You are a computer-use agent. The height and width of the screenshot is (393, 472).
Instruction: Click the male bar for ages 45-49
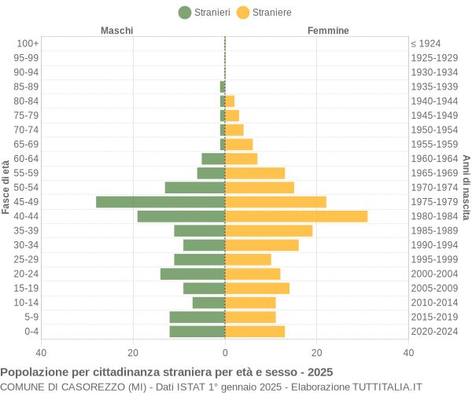tap(160, 202)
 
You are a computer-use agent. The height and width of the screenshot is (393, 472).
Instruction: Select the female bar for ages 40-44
tap(296, 216)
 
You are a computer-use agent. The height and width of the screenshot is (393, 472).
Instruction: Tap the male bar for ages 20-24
tap(193, 274)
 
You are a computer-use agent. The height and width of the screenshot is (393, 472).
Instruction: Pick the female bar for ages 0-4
tap(255, 331)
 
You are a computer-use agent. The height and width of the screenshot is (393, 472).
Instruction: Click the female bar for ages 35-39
tap(268, 230)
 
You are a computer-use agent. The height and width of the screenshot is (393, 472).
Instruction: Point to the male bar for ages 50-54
tap(195, 187)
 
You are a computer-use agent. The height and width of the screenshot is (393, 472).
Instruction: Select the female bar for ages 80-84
tap(230, 101)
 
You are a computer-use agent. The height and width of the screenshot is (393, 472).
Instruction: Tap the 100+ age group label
tap(28, 43)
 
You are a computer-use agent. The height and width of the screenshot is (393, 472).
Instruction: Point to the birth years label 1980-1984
tap(434, 216)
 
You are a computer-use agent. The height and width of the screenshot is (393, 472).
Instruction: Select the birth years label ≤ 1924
tap(426, 43)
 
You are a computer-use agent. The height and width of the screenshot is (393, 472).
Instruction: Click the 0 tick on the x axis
tap(225, 353)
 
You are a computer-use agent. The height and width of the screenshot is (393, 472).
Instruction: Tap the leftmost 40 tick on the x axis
tap(41, 353)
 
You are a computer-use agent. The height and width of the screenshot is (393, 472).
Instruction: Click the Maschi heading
tap(116, 31)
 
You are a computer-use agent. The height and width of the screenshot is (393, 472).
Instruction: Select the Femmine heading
tap(328, 31)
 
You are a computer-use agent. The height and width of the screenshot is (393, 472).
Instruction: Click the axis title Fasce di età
tap(6, 187)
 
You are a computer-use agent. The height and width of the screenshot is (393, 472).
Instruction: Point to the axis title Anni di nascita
tap(466, 187)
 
